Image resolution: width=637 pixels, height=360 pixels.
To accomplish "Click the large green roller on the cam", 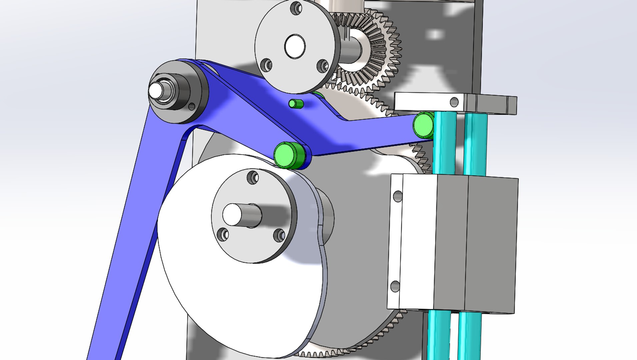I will click(286, 155).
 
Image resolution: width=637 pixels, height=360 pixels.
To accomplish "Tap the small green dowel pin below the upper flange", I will click(294, 104).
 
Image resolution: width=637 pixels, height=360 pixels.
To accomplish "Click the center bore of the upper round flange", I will click(295, 46).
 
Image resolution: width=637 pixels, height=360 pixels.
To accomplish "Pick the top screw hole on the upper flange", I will click(296, 8).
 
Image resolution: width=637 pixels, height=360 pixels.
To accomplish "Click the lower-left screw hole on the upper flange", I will click(266, 64).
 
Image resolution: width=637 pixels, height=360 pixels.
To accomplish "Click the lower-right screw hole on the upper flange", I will click(322, 65).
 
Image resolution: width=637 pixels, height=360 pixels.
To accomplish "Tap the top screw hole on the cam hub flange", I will click(253, 177).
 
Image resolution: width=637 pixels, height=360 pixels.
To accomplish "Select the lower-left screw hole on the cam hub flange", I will click(223, 234).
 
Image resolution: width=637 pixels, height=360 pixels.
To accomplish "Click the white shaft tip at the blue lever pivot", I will click(156, 90).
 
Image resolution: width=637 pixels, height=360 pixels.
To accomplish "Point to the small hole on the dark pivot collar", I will click(192, 107).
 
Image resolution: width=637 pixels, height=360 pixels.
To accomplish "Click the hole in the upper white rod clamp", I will click(454, 102).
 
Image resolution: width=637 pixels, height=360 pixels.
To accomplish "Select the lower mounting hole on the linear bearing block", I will click(395, 286).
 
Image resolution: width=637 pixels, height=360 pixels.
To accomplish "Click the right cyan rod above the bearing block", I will click(475, 143).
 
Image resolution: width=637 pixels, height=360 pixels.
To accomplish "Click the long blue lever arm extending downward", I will click(133, 233).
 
